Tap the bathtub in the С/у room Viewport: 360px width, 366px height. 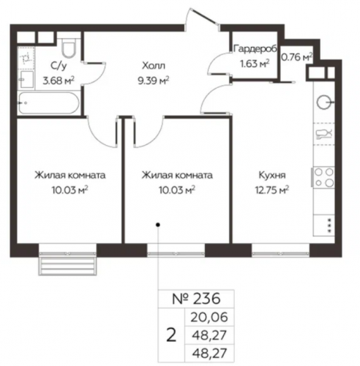[49, 102]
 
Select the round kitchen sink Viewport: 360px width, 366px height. [323, 102]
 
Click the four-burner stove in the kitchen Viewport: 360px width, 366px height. [323, 177]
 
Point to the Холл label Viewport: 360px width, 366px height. [154, 65]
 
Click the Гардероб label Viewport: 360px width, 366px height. [255, 49]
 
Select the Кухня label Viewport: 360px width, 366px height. [272, 175]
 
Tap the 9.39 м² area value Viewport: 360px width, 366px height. [154, 80]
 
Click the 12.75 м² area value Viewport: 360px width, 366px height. [272, 190]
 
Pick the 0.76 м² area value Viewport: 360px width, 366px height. [297, 57]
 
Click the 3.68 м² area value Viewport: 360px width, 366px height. [59, 80]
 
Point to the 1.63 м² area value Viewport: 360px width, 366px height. [255, 64]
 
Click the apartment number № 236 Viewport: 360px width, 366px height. [196, 299]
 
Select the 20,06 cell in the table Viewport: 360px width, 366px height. [209, 317]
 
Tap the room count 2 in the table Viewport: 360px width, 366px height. [171, 335]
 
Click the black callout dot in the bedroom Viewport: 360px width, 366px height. [158, 225]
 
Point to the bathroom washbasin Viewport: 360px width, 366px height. [27, 79]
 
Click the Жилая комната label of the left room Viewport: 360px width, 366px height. [70, 175]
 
